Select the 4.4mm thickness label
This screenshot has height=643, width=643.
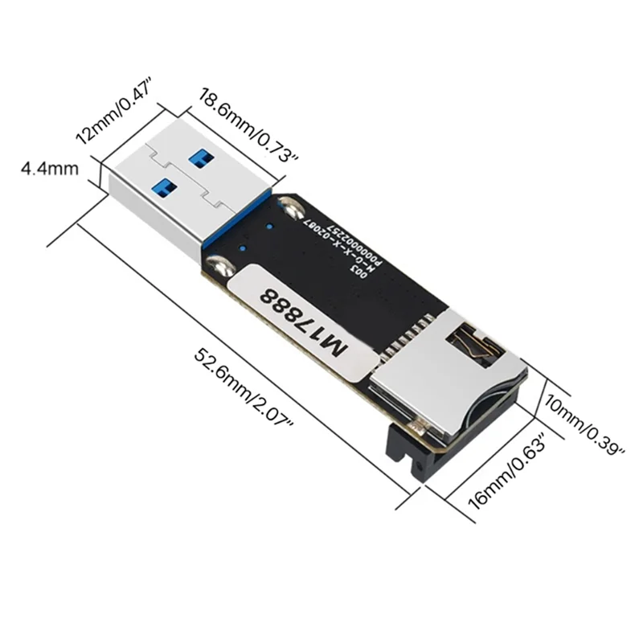pyautogui.click(x=49, y=169)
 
